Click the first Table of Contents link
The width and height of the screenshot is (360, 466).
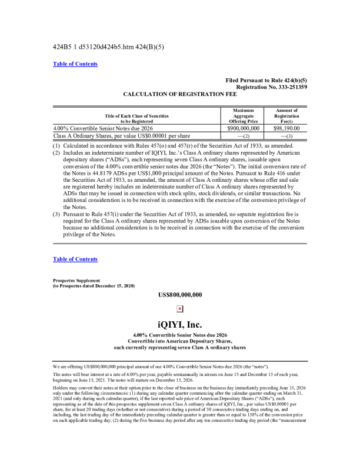click(x=75, y=64)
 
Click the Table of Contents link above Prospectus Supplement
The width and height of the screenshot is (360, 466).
click(x=75, y=259)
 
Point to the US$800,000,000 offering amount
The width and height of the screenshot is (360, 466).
click(x=180, y=294)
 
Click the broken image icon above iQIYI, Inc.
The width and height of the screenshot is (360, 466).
click(x=180, y=308)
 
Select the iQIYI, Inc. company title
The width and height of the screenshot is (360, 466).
click(x=180, y=324)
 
